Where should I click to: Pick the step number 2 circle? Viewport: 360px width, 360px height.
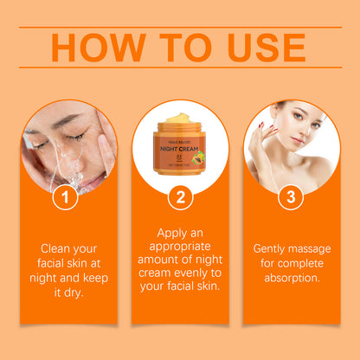[180, 198]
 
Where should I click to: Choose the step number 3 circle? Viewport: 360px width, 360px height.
[292, 198]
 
